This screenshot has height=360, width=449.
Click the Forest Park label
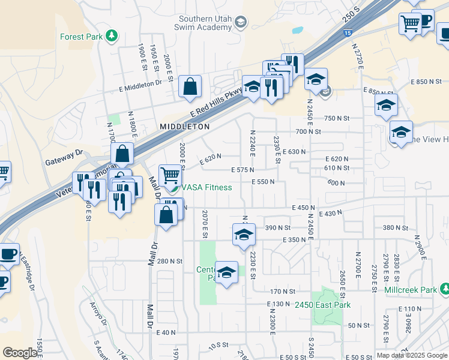[81, 37]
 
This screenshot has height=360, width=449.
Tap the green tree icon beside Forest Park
[111, 37]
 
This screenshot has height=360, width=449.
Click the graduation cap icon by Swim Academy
[240, 23]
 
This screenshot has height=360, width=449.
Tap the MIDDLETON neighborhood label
[185, 127]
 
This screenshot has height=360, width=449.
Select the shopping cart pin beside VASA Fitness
[170, 176]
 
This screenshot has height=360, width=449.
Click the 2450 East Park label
[322, 305]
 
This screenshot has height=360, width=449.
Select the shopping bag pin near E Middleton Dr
[190, 86]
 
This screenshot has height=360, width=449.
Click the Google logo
[20, 353]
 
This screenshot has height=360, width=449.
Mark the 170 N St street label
[282, 292]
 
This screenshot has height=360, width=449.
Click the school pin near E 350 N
[244, 235]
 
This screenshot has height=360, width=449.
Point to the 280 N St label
[169, 261]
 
